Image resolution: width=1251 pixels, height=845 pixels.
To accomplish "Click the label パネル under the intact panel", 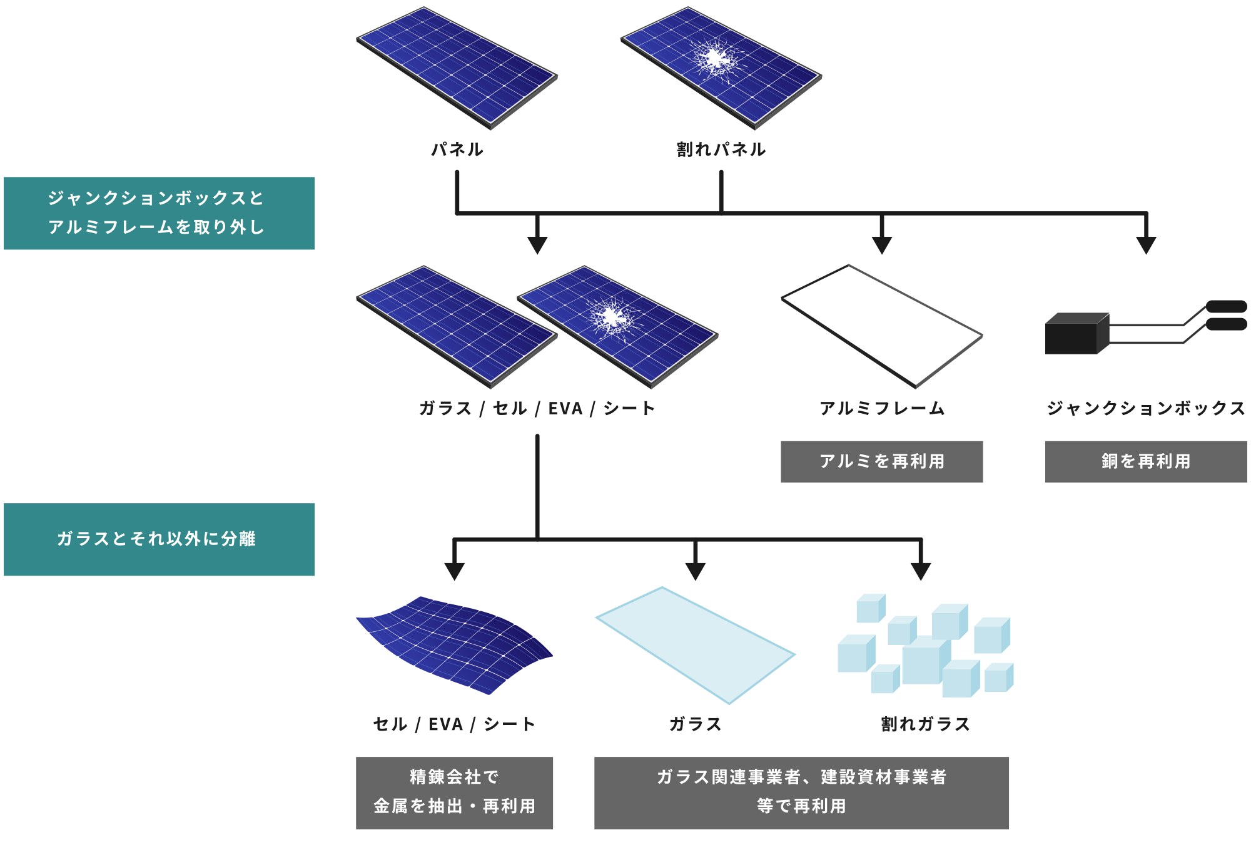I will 457,149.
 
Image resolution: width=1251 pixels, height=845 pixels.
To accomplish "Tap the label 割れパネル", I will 721,149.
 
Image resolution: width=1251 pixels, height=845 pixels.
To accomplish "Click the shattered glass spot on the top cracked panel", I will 714,59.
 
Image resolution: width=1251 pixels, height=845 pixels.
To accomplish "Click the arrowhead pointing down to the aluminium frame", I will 881,245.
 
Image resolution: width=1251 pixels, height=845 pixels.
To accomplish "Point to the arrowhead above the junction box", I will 1145,245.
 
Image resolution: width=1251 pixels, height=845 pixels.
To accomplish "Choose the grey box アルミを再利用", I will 881,461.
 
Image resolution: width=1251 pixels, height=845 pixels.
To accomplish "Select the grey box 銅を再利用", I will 1145,461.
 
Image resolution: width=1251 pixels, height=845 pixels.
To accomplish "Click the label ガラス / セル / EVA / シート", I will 537,409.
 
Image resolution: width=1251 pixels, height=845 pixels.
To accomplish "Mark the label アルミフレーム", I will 881,409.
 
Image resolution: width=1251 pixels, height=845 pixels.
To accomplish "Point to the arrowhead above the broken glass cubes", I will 920,571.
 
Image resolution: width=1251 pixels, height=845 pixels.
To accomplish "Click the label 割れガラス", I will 925,724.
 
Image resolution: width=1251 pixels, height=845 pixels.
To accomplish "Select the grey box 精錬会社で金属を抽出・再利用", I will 454,792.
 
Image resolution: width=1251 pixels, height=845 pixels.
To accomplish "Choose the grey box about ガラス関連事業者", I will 801,792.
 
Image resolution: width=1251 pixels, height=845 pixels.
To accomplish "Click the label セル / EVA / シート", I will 454,724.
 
